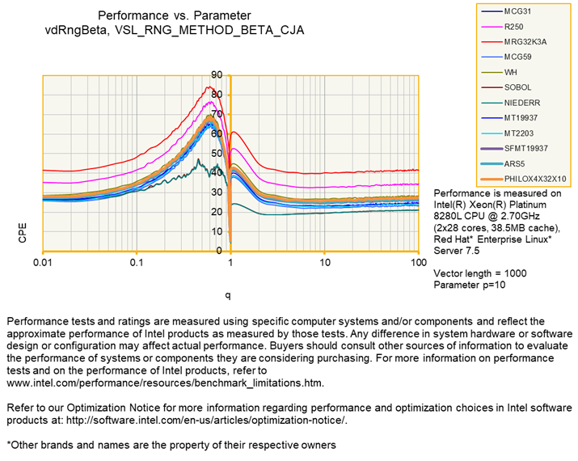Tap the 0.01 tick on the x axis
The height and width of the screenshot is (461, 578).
(42, 264)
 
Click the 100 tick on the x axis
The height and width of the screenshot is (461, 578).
(418, 264)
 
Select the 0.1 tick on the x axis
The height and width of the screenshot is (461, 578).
(137, 264)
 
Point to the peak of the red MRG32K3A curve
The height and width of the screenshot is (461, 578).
(209, 87)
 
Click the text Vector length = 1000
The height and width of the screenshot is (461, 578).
(480, 273)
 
